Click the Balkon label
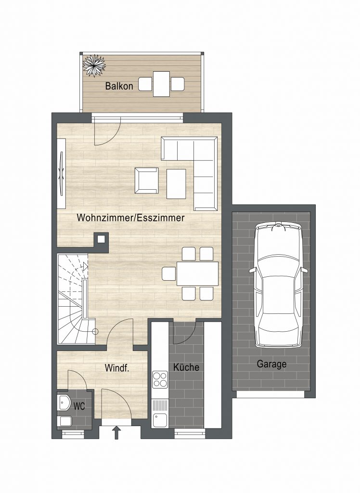119,86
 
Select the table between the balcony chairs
161,84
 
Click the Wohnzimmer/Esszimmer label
130,218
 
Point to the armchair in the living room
146,181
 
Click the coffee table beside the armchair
176,184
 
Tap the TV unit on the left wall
61,173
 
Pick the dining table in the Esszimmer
198,273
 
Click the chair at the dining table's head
169,273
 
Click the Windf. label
117,368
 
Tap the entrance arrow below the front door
117,432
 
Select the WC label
79,406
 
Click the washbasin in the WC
64,403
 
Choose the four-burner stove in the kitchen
160,379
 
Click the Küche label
186,367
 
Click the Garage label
271,364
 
